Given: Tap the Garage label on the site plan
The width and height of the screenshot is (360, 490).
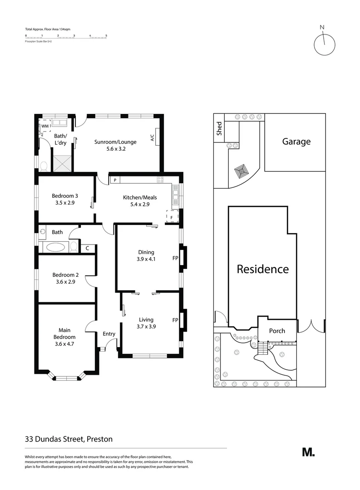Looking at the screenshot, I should point(296,142).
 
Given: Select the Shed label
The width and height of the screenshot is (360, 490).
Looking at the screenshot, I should point(219,128).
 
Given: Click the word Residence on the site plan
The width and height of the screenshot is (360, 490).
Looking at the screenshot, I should point(263,269).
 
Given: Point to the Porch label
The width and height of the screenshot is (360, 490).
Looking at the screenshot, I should point(277,331).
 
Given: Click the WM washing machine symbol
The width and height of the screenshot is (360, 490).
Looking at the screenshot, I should point(45,126).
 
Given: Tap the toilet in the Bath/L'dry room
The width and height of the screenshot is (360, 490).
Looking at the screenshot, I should point(44,167).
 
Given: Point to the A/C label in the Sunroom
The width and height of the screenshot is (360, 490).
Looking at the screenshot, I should point(152,138).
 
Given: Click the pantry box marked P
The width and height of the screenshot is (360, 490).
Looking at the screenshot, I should point(115,180).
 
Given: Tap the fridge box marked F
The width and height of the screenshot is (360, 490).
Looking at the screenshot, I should point(172,217).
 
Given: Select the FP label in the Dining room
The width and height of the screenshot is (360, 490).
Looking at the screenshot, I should point(175,259).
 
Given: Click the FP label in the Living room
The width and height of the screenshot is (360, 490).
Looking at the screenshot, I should point(175,320).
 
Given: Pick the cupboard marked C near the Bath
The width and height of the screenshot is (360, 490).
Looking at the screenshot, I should point(88,249).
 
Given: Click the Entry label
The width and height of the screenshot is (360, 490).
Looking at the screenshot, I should point(109,334).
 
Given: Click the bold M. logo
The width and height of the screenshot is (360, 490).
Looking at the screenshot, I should point(308,452).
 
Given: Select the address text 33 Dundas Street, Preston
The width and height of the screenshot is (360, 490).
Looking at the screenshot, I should point(69,439).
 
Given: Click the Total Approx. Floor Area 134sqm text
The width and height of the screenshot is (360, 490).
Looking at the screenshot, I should point(47,29).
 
